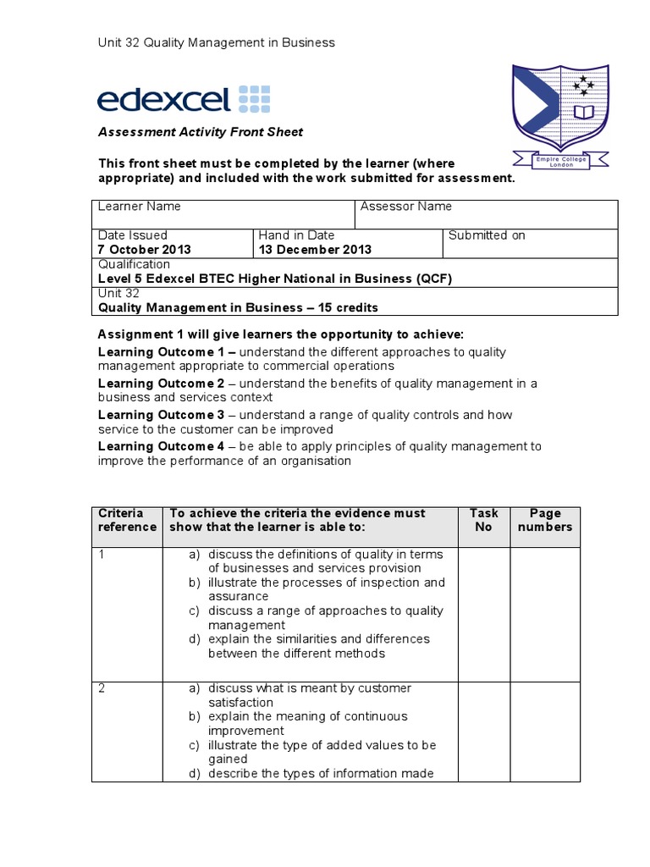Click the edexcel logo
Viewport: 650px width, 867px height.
tap(184, 99)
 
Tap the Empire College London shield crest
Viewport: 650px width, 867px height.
tap(560, 110)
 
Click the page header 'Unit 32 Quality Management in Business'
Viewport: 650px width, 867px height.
tap(217, 42)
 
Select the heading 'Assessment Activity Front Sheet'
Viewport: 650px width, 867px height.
tap(201, 132)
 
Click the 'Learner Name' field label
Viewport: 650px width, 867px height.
tap(140, 207)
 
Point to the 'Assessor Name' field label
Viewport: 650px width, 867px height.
tap(406, 207)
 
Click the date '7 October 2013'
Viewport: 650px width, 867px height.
tap(145, 250)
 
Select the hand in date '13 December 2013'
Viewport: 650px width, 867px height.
tap(315, 250)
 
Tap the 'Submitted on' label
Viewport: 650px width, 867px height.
tap(487, 235)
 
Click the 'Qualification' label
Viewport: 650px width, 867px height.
tap(135, 264)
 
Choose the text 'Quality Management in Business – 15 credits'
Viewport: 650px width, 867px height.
tap(239, 307)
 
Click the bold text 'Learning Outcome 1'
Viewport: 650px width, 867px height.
tap(161, 351)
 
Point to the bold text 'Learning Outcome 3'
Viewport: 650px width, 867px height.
tap(161, 415)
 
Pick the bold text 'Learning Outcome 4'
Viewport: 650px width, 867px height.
tap(161, 446)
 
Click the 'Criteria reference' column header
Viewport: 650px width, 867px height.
tap(127, 520)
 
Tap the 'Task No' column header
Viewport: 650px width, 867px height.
tap(484, 520)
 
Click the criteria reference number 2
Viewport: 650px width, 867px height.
tap(102, 688)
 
